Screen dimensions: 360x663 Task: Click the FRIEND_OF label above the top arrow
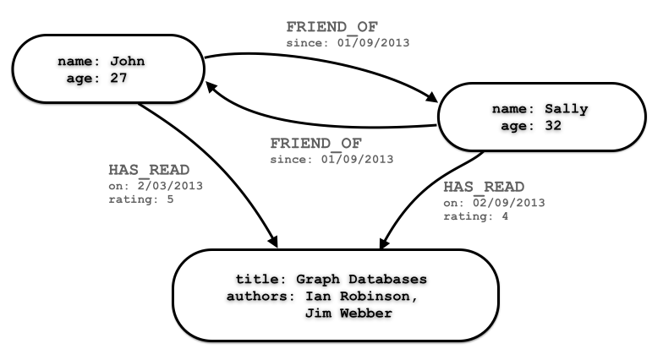pos(331,27)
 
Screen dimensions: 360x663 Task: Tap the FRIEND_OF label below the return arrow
pos(316,144)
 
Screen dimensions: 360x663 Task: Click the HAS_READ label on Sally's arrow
pos(484,186)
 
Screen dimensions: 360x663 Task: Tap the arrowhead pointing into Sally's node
pos(428,100)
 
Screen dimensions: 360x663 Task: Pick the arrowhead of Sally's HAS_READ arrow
pos(384,243)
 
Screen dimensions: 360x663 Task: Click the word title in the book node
pos(255,279)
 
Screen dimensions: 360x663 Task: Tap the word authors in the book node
pos(255,296)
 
